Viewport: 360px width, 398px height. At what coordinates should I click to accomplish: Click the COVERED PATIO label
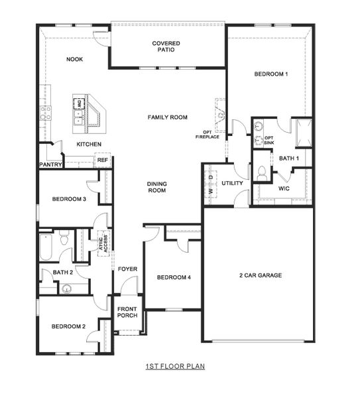[166, 46]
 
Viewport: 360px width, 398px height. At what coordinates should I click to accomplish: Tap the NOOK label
[74, 60]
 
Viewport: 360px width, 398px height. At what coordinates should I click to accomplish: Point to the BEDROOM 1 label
[270, 74]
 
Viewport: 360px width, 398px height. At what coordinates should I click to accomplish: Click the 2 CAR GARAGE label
[261, 275]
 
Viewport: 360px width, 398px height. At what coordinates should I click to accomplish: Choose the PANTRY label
[50, 164]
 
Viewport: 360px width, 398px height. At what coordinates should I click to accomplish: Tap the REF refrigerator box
[103, 160]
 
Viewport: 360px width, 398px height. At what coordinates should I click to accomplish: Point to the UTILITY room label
[232, 183]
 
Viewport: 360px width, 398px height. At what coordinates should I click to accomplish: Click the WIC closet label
[284, 188]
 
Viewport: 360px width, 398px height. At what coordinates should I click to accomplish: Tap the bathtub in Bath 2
[45, 245]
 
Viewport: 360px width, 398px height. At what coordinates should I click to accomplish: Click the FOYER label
[127, 269]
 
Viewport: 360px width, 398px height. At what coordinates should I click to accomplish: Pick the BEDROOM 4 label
[174, 278]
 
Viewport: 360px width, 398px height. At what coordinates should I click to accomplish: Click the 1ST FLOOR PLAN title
[175, 366]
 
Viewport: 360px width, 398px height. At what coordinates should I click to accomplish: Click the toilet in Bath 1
[262, 172]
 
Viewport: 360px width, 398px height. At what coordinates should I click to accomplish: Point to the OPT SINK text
[269, 140]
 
